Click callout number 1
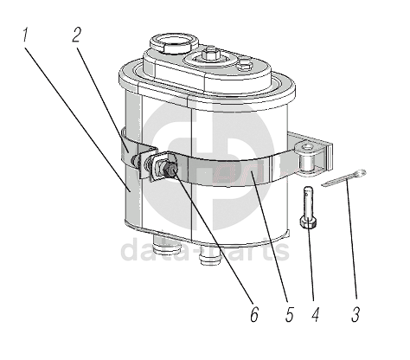pyautogui.click(x=25, y=35)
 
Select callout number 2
pyautogui.click(x=76, y=35)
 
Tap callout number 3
pyautogui.click(x=356, y=314)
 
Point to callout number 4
pyautogui.click(x=316, y=314)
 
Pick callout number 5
pyautogui.click(x=289, y=314)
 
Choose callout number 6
pyautogui.click(x=254, y=314)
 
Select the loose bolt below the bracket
pyautogui.click(x=309, y=207)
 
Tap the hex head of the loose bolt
pyautogui.click(x=309, y=222)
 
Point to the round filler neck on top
pyautogui.click(x=174, y=42)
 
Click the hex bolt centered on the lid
pyautogui.click(x=208, y=55)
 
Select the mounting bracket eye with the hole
pyautogui.click(x=307, y=150)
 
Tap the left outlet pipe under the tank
pyautogui.click(x=167, y=244)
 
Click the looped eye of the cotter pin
pyautogui.click(x=361, y=173)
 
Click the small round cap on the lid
pyautogui.click(x=246, y=64)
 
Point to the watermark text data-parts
pyautogui.click(x=205, y=251)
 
